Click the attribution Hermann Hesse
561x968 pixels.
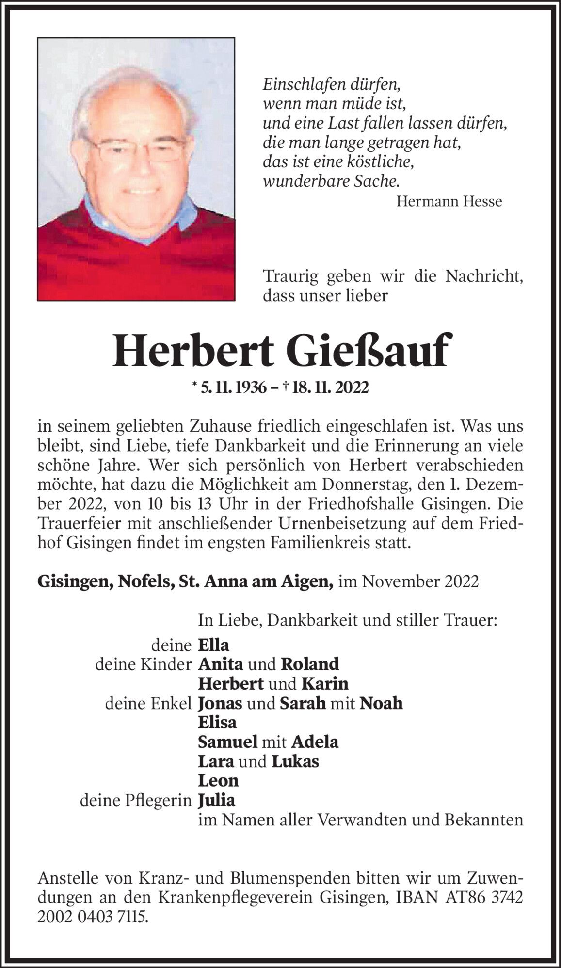[449, 201]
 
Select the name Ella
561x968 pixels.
[213, 645]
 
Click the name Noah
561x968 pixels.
[381, 703]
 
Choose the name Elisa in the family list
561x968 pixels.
[217, 723]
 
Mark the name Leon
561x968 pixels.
[218, 781]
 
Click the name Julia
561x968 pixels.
[216, 800]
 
